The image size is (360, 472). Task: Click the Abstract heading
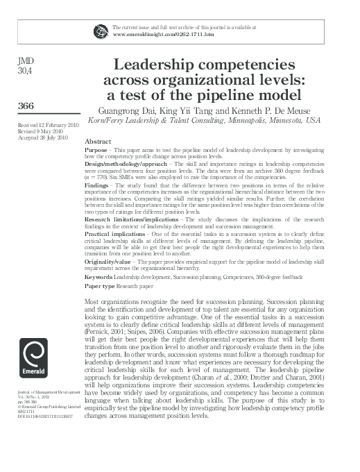[x=97, y=140]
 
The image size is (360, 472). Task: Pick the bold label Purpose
[x=95, y=149]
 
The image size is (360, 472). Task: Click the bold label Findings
[x=97, y=185]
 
